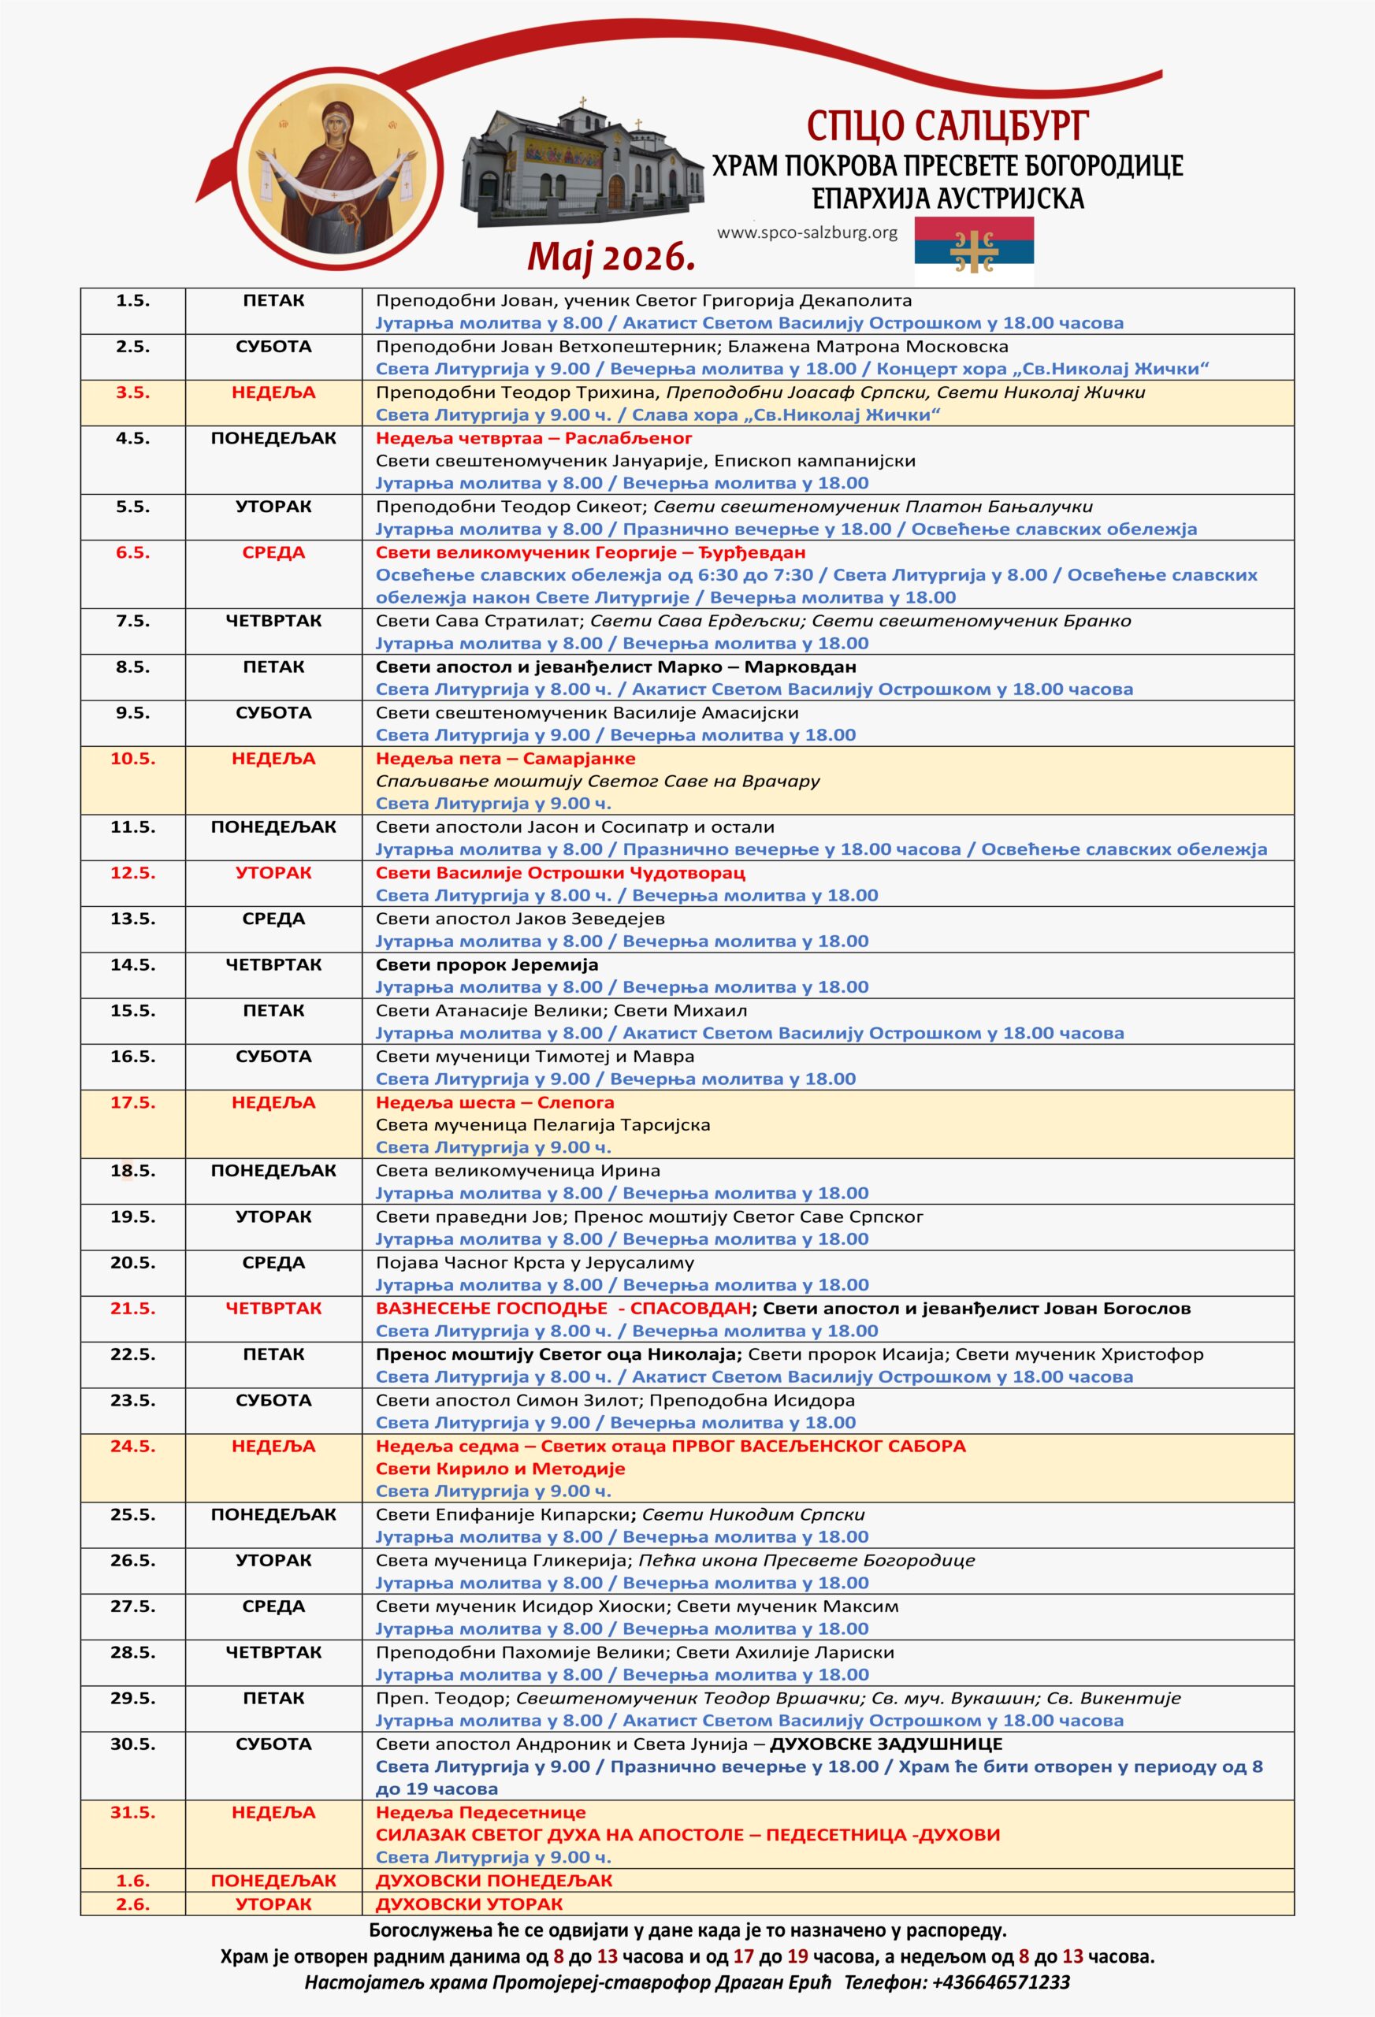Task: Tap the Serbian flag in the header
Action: (974, 251)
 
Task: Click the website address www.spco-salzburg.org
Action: (808, 232)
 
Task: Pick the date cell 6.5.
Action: (133, 553)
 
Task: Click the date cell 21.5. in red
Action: (133, 1308)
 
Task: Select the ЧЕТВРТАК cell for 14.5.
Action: (273, 964)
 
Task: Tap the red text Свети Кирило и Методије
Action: (500, 1469)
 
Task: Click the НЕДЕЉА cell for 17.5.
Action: (273, 1102)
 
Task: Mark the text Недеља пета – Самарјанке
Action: (505, 759)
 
